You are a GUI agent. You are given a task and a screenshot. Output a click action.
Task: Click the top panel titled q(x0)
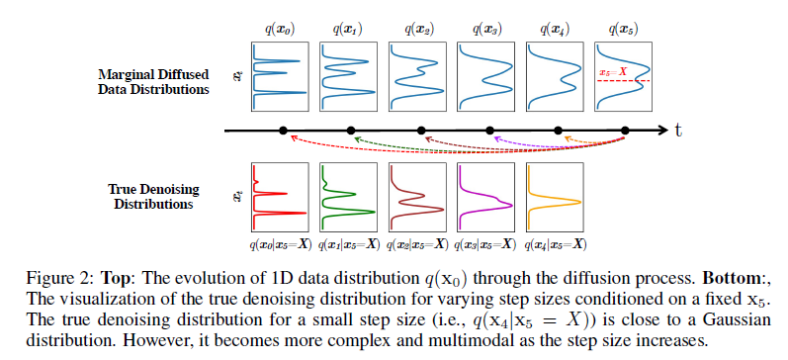point(282,75)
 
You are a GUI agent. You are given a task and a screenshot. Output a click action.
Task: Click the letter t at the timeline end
point(681,131)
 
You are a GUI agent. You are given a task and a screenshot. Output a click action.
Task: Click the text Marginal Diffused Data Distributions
point(153,82)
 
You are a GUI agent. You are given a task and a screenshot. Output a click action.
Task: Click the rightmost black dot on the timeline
point(626,131)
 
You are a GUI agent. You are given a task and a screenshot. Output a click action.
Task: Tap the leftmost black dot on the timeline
point(283,131)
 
